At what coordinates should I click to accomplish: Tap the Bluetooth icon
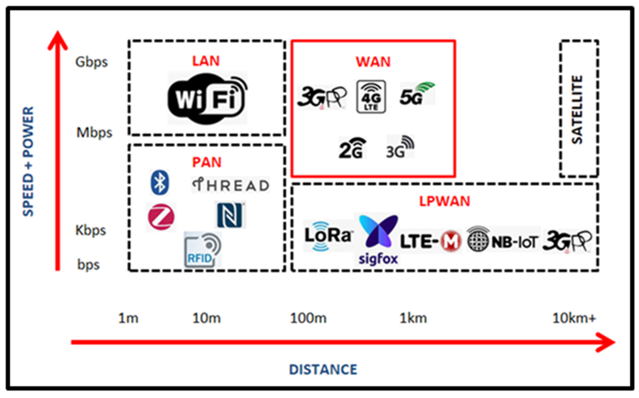coord(159,182)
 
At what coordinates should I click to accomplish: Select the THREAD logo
coord(230,185)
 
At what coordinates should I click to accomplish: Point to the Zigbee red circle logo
coord(161,217)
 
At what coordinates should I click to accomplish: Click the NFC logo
coord(230,215)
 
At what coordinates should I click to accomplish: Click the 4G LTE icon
coord(371,97)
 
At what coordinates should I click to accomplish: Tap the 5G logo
coord(417,94)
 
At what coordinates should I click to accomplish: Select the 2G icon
coord(352,148)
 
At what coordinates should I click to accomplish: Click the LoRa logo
coord(328,235)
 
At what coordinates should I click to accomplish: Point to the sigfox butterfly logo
coord(378,232)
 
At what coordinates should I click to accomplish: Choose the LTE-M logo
coord(431,241)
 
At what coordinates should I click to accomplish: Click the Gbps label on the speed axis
coord(91,62)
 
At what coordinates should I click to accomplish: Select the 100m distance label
coord(308,318)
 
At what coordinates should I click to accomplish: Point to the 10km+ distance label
coord(574,318)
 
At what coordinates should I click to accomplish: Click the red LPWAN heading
coord(445,201)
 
